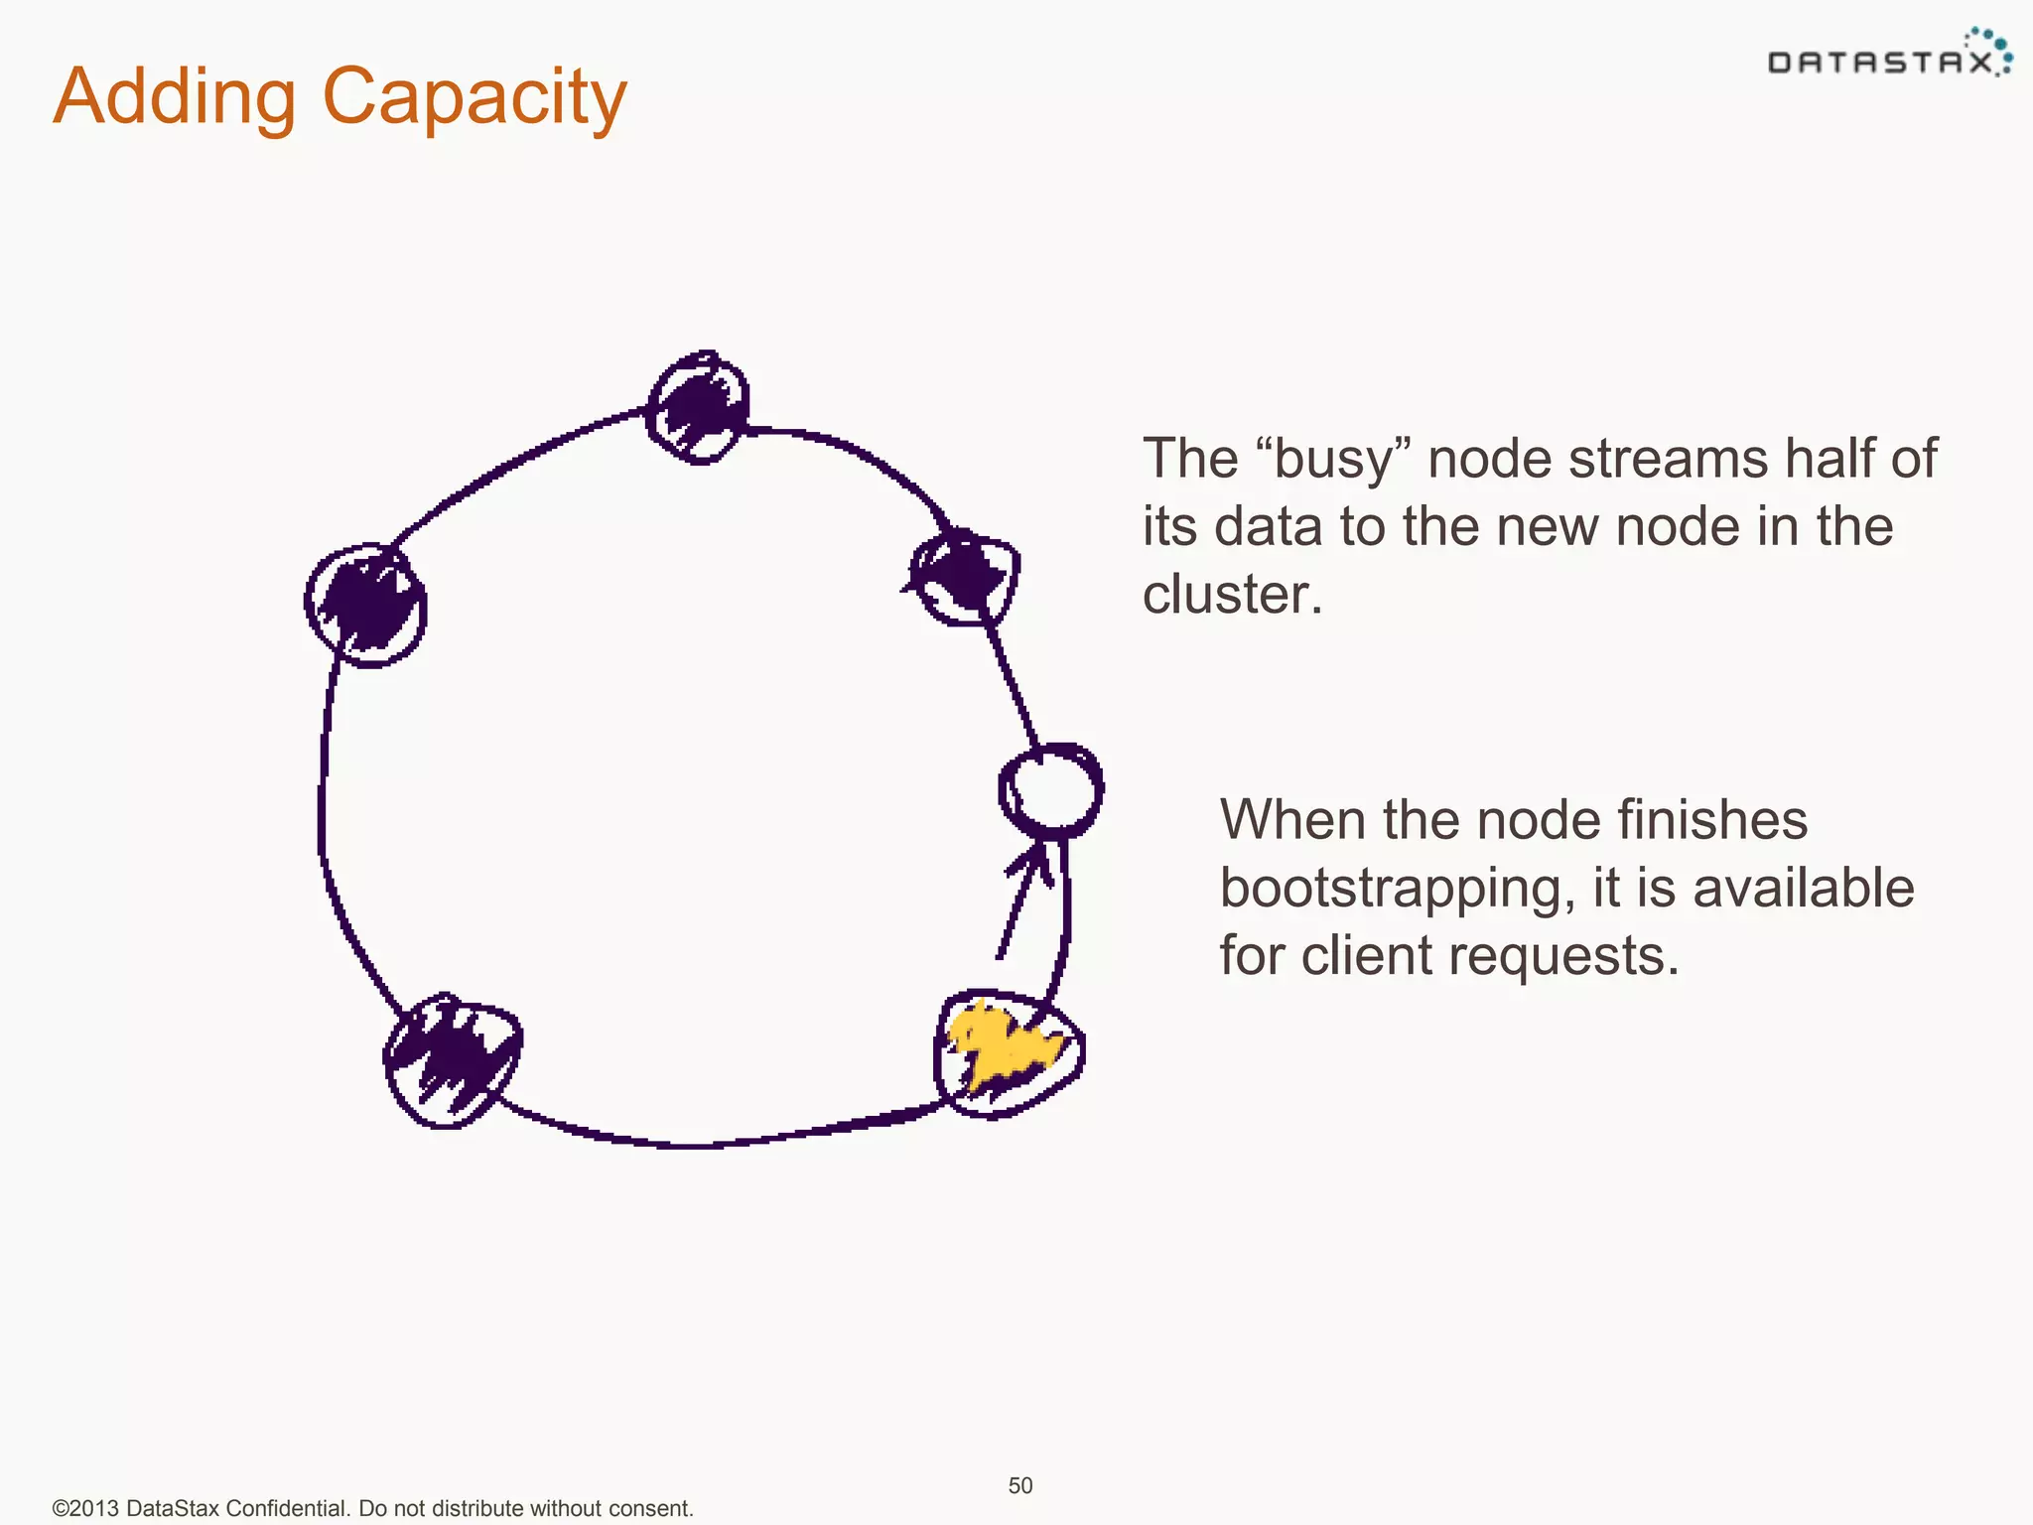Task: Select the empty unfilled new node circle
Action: pos(1051,791)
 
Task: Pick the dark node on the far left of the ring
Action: pos(366,605)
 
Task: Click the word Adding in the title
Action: pos(175,96)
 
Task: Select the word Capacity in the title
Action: pos(474,96)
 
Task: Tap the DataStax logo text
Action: pos(1879,64)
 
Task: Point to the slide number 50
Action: pos(1020,1485)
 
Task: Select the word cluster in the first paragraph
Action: pos(1232,594)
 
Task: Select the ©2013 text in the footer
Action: pos(85,1508)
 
